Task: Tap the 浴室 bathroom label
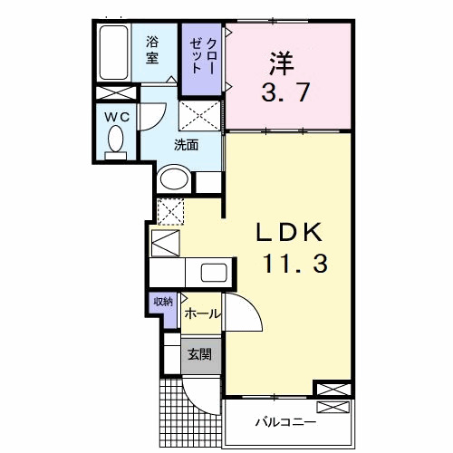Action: (153, 50)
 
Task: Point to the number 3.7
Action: (288, 92)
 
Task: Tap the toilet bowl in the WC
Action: (115, 140)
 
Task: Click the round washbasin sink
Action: (173, 179)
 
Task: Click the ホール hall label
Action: (201, 313)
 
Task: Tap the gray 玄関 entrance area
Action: (199, 353)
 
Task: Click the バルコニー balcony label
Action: (285, 422)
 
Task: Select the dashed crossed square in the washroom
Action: (198, 117)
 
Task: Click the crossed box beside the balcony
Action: (333, 390)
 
